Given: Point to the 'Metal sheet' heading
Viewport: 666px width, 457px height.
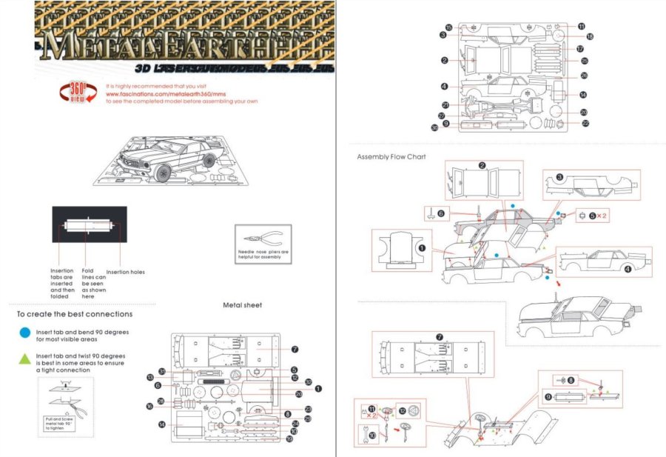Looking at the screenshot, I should (242, 304).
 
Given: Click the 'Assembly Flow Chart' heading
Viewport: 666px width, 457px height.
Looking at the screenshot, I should (391, 157).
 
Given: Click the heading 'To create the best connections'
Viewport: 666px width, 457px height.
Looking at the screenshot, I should (75, 314).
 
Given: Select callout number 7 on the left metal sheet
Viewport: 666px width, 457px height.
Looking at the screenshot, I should (294, 349).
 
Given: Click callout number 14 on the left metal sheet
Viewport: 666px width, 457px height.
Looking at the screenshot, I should (161, 424).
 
